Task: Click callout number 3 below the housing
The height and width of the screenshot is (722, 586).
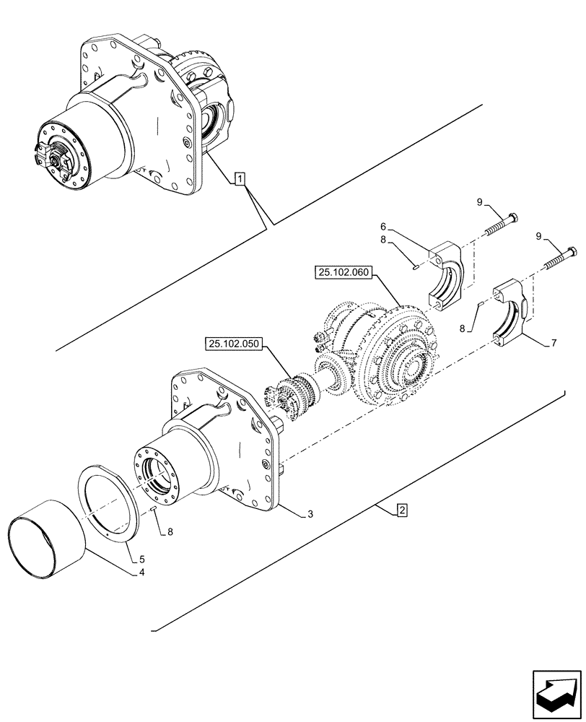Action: [x=310, y=514]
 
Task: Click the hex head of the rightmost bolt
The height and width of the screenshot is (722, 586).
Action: [x=572, y=252]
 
